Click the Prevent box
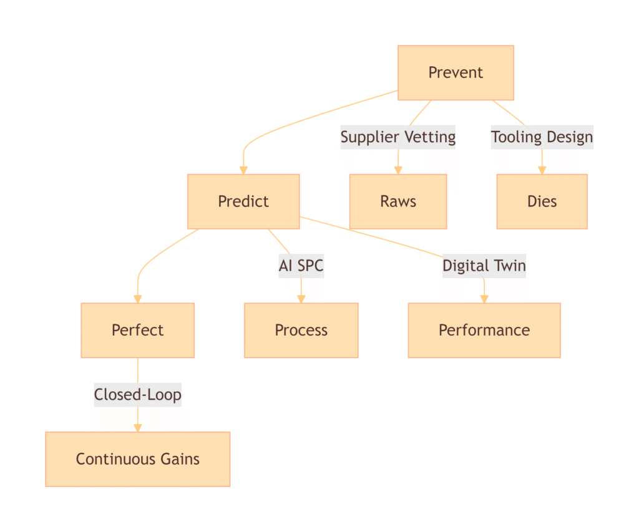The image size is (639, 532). [x=456, y=72]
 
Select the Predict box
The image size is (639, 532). [x=243, y=201]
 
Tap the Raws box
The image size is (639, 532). [x=398, y=201]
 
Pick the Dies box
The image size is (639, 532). [x=542, y=201]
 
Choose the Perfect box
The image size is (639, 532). [x=137, y=330]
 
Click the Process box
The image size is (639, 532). [x=301, y=330]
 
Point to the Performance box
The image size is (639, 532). [x=484, y=330]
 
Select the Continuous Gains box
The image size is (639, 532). [x=137, y=459]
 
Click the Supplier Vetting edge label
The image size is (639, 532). [x=398, y=137]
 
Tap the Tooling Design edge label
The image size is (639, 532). [x=542, y=137]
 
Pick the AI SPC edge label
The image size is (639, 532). [x=301, y=266]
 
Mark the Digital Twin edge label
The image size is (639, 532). [x=484, y=266]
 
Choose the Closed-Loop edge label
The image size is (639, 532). [x=137, y=395]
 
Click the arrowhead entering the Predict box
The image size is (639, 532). [x=243, y=170]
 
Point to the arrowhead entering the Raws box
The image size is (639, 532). [x=398, y=170]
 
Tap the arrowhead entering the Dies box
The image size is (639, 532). [x=542, y=170]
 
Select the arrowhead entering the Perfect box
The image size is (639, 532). [x=137, y=299]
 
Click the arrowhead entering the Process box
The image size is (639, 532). [x=301, y=299]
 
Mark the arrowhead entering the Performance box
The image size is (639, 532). [x=484, y=299]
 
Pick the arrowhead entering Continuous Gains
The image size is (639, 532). [x=137, y=428]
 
